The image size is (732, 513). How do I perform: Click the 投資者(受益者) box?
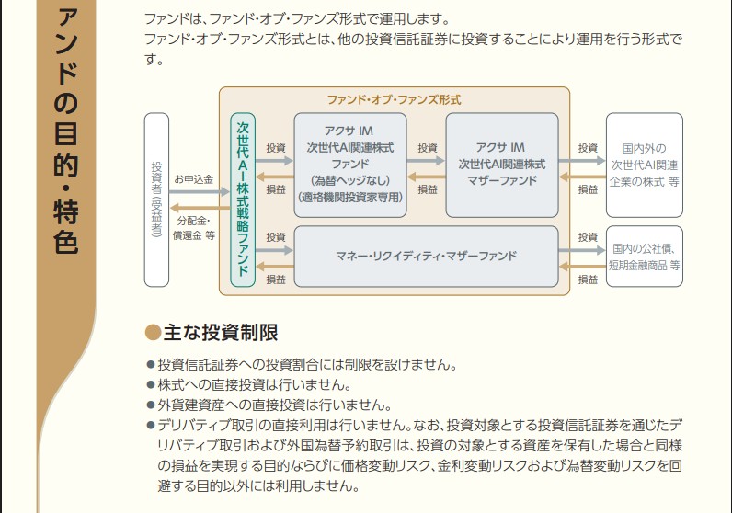tap(156, 199)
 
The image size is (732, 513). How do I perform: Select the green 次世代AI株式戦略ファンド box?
tap(243, 199)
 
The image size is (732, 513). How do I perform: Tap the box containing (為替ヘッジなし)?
tap(349, 165)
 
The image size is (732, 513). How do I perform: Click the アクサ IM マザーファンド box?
tap(501, 165)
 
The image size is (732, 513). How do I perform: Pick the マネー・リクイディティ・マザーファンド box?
tap(425, 255)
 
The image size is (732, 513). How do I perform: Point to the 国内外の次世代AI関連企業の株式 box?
tap(644, 165)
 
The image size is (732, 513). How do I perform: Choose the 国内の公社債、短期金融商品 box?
tap(644, 256)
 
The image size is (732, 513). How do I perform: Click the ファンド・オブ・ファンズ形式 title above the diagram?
tap(394, 99)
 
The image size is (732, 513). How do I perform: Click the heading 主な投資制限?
tap(221, 333)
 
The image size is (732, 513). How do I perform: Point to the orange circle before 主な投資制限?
tap(153, 333)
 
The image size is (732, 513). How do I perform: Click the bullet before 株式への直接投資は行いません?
tap(151, 385)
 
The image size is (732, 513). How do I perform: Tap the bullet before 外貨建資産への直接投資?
tap(151, 405)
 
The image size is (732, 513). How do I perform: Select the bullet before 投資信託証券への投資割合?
tap(151, 365)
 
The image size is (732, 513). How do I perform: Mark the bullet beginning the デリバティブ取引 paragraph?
tap(151, 426)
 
